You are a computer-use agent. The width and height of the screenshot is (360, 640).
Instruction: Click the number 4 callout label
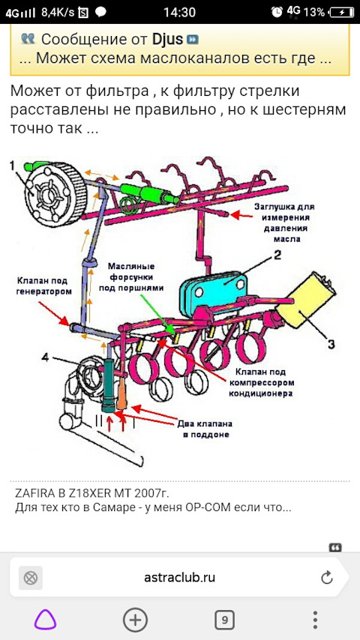pyautogui.click(x=45, y=357)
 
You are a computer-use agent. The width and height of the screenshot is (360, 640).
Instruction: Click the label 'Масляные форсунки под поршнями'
pyautogui.click(x=131, y=277)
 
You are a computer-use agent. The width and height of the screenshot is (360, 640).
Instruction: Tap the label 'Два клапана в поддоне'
pyautogui.click(x=205, y=429)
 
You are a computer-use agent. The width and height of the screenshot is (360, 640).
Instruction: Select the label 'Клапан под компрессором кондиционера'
pyautogui.click(x=262, y=383)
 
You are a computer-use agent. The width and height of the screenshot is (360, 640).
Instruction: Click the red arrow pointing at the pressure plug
pyautogui.click(x=241, y=214)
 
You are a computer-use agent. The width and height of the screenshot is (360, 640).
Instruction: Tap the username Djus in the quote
pyautogui.click(x=168, y=39)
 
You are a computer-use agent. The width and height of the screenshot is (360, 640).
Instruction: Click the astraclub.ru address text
pyautogui.click(x=179, y=577)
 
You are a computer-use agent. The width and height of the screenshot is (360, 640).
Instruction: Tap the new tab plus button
pyautogui.click(x=135, y=620)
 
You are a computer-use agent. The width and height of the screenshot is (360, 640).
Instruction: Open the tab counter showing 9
pyautogui.click(x=224, y=621)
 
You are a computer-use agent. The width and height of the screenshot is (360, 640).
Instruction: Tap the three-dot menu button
pyautogui.click(x=315, y=620)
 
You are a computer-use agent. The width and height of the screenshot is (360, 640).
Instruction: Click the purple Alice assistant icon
pyautogui.click(x=45, y=620)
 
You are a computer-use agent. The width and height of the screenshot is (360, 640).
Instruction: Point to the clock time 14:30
pyautogui.click(x=179, y=12)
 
